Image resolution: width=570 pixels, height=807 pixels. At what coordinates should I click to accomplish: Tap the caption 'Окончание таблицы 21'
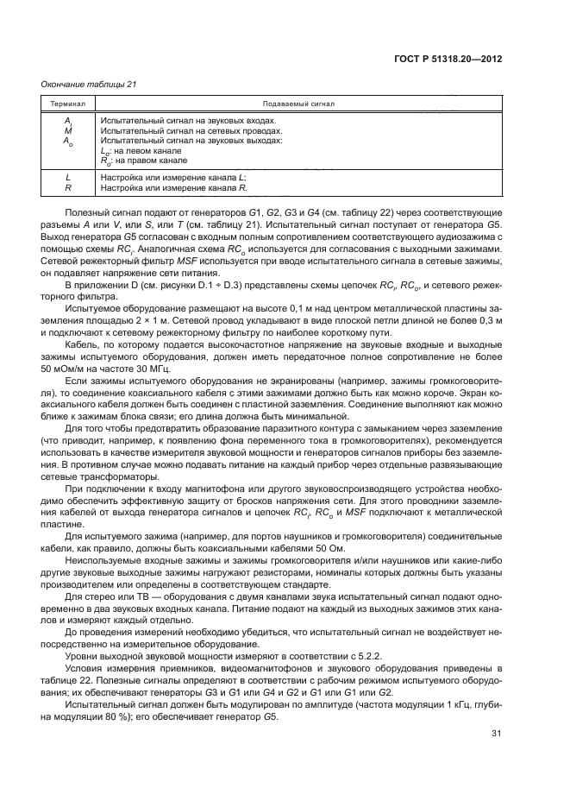pyautogui.click(x=89, y=84)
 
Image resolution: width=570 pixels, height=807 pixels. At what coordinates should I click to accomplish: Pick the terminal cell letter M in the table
pyautogui.click(x=67, y=130)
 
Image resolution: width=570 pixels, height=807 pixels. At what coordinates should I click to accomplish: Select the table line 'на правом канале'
pyautogui.click(x=149, y=161)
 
